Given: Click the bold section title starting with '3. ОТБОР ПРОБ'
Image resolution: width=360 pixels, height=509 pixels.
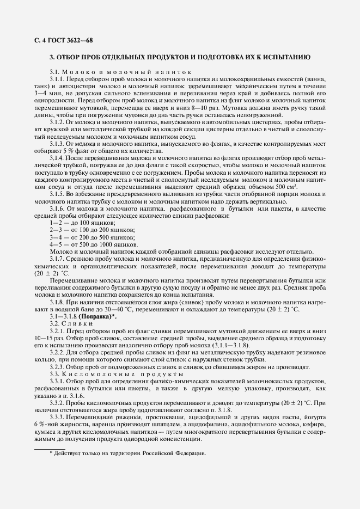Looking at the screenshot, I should pyautogui.click(x=180, y=57).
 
